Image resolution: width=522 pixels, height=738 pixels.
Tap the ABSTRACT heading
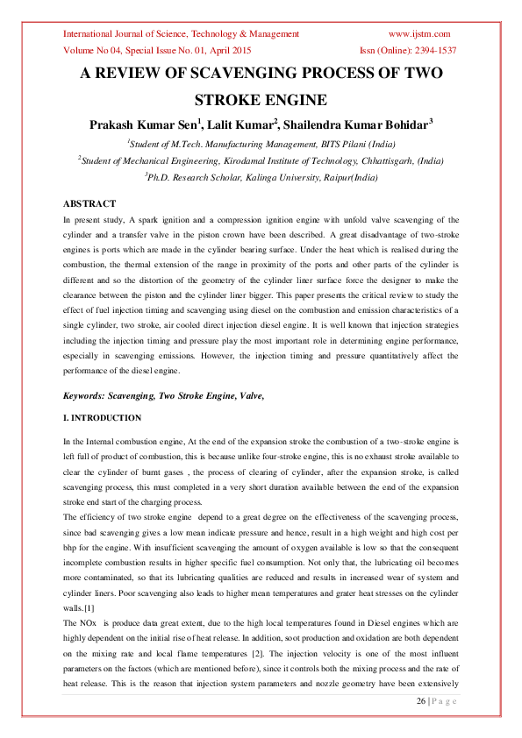pos(90,203)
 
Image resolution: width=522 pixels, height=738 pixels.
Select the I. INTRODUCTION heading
pos(103,418)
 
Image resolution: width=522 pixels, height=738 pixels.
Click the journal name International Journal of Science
pos(132,34)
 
